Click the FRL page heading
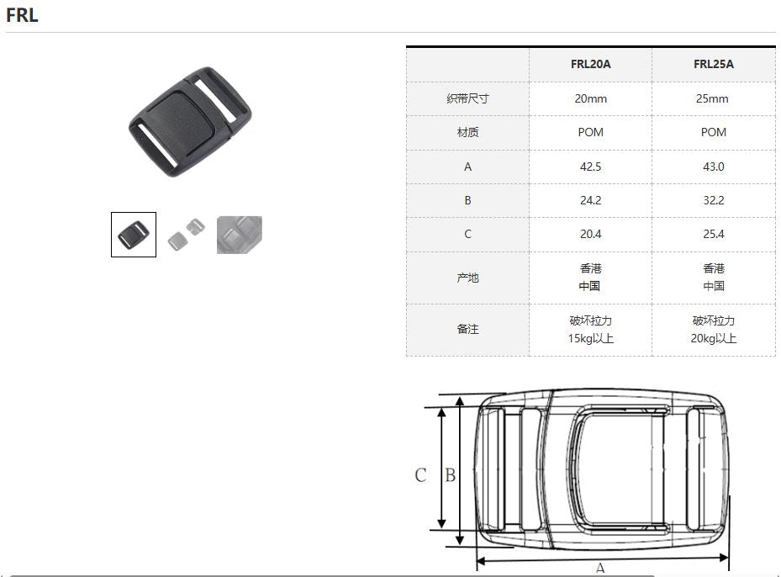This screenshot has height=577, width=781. tap(22, 15)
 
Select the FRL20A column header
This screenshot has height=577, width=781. tap(590, 64)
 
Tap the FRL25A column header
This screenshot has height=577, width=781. tap(713, 64)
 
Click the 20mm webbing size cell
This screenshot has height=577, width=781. tap(590, 98)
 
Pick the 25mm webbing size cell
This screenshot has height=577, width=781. tap(712, 98)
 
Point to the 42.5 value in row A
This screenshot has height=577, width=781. tap(590, 167)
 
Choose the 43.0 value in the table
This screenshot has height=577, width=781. tap(713, 167)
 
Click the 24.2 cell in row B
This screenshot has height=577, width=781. tap(590, 200)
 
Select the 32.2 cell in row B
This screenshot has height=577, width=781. tap(713, 200)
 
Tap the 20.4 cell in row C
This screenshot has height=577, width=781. tap(590, 234)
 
